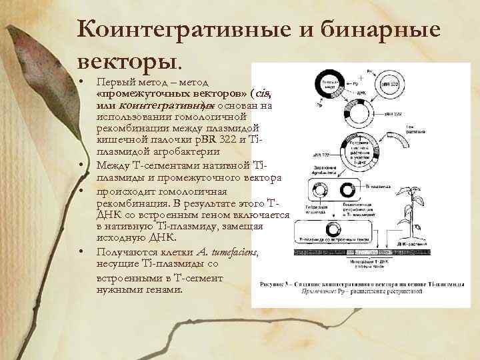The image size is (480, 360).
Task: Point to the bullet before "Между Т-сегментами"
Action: [x=81, y=164]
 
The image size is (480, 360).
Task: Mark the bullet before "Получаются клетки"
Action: [x=81, y=252]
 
